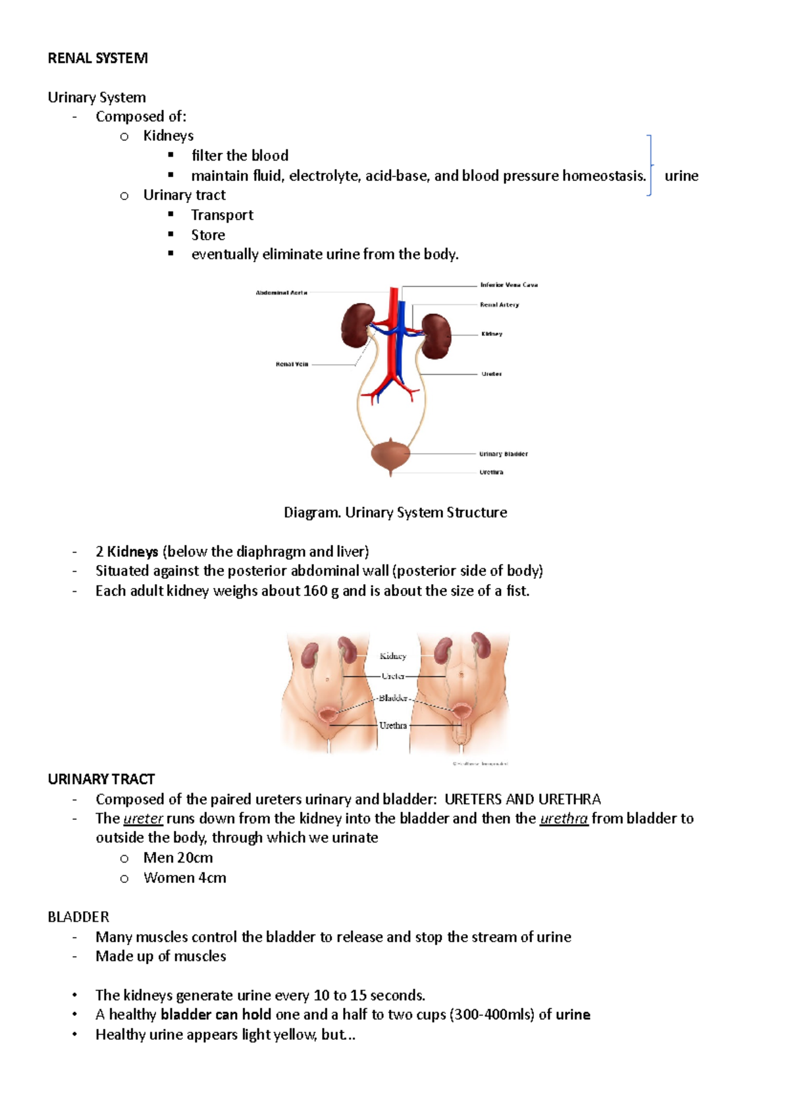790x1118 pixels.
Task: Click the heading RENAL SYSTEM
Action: [97, 58]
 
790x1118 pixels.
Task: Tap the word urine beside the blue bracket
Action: [681, 176]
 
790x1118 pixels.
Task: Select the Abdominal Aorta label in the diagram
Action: [281, 292]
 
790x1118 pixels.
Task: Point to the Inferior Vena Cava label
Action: [509, 285]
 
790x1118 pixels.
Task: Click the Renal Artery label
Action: [499, 305]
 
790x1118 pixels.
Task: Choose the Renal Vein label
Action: [292, 364]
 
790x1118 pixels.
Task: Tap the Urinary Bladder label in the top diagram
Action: [503, 454]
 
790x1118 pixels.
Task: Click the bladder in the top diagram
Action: [390, 454]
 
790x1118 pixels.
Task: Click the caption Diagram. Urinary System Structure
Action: [395, 512]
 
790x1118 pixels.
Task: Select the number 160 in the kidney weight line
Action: [315, 591]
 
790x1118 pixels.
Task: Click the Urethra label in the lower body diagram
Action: [393, 725]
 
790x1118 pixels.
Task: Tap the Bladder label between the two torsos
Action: [393, 698]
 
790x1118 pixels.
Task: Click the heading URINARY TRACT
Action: [101, 779]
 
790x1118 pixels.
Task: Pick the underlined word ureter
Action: [143, 818]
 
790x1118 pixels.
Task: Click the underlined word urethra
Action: [564, 818]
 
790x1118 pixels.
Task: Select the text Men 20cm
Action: [178, 858]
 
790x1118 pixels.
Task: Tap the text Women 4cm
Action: [184, 878]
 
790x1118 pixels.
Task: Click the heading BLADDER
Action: [78, 917]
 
